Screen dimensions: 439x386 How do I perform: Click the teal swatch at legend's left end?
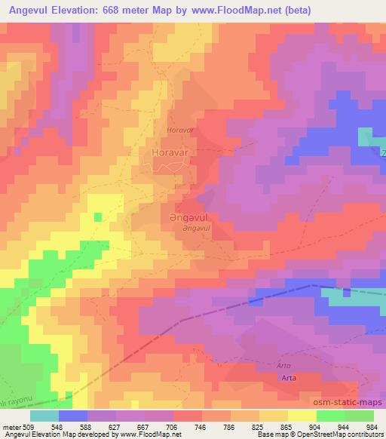[44, 416]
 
